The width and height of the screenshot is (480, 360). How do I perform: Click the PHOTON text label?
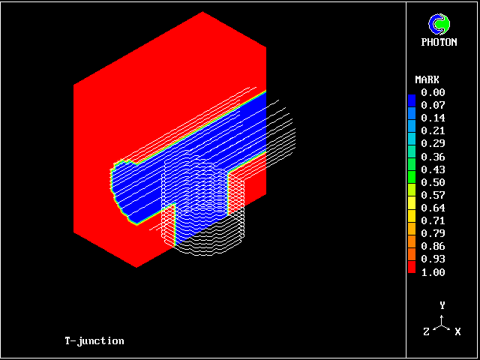tap(439, 42)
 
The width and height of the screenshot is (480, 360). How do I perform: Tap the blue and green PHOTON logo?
tap(439, 24)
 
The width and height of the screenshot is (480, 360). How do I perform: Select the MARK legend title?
tap(427, 80)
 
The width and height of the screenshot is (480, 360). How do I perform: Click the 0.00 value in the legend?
tap(433, 92)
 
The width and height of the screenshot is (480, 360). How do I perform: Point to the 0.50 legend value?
tap(433, 182)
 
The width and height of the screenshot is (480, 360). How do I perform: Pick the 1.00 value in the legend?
tap(433, 272)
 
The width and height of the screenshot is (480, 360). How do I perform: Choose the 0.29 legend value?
tap(433, 143)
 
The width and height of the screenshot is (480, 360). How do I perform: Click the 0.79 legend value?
tap(433, 233)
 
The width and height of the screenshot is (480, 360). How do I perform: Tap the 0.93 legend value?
tap(433, 259)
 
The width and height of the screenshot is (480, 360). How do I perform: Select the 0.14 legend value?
tap(433, 118)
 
